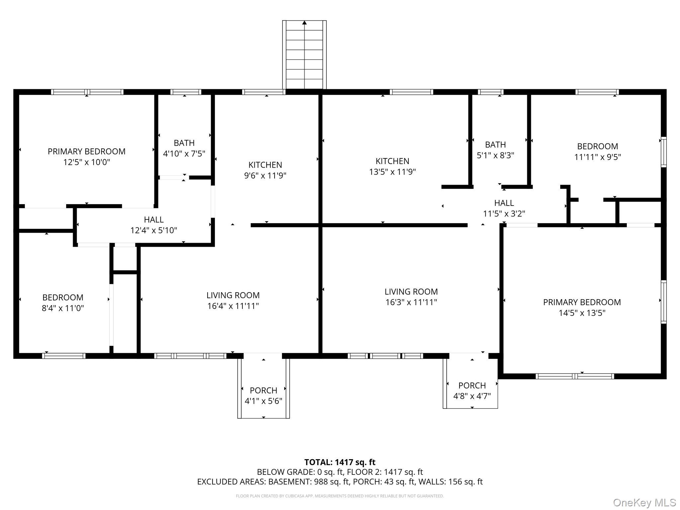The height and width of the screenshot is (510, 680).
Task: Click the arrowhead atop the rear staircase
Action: pos(304,23)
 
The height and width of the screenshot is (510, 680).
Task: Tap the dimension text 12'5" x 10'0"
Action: pos(87,162)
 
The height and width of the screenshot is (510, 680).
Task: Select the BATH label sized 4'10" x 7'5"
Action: pos(184,143)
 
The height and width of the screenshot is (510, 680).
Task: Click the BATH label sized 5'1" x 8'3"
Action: pos(495,144)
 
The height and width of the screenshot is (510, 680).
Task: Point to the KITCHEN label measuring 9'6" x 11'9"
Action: pos(265,165)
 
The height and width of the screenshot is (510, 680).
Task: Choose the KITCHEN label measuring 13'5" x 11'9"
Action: pos(392,161)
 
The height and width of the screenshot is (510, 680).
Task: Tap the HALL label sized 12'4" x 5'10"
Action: pos(154,219)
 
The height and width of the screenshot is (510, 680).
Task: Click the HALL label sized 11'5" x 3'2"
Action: pos(504,203)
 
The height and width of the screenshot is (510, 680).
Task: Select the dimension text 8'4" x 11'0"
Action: pos(63,308)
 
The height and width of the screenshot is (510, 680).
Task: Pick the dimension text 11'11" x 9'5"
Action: pos(598,157)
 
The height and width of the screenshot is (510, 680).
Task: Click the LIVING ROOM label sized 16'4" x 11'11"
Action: pos(233,295)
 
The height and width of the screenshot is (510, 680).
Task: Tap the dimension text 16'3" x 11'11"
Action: pos(411,302)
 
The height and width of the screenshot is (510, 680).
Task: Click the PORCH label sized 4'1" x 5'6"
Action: pos(264,390)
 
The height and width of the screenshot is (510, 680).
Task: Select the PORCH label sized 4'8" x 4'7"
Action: pos(472,385)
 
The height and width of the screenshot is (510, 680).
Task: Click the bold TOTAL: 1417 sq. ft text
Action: pos(340,462)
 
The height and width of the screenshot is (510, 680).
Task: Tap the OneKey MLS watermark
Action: pos(644,502)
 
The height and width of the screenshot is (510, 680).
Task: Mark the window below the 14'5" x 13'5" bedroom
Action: pos(575,376)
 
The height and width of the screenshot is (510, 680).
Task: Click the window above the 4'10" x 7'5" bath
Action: pos(186,92)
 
